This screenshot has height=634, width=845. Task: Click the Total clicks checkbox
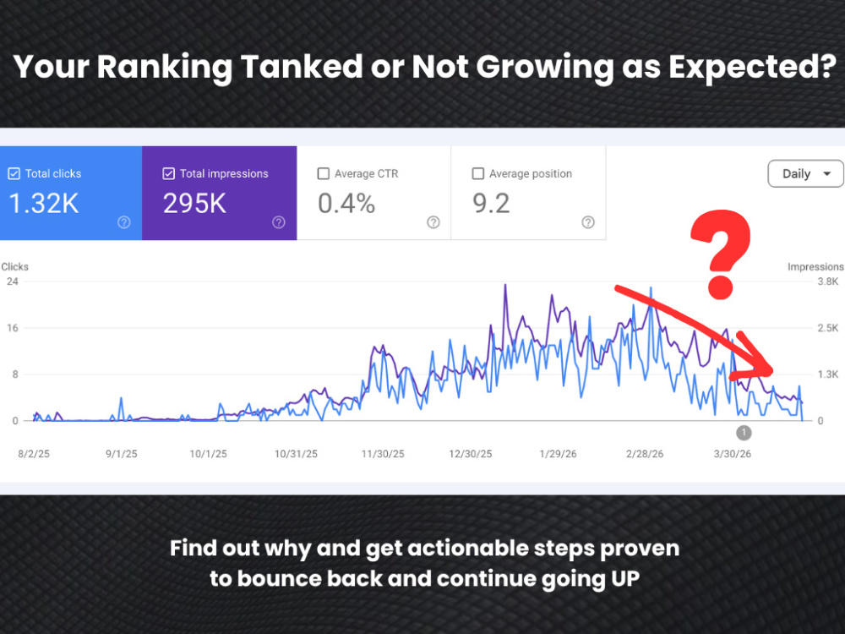coord(14,173)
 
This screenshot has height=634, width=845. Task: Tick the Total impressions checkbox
coord(169,173)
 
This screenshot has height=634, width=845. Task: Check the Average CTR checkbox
coord(324,173)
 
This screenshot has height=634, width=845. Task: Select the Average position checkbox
coord(478,173)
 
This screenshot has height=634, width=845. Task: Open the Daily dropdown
coord(805,173)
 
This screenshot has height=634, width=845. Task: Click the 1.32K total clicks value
coord(44,204)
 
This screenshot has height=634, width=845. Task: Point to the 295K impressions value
coord(194,204)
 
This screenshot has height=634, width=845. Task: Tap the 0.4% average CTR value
coord(346,204)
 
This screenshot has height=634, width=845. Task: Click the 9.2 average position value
coord(491,204)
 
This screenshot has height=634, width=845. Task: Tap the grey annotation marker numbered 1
coord(744,432)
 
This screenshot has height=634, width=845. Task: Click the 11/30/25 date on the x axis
coord(383,454)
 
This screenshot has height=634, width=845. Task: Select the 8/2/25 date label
coord(34,454)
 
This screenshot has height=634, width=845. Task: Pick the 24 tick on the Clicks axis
coord(12,281)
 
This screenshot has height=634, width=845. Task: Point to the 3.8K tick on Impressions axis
coord(828,281)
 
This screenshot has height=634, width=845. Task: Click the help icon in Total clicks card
coord(124,222)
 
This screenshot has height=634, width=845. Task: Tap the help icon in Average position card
coord(588,222)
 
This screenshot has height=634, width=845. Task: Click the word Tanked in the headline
coord(302,66)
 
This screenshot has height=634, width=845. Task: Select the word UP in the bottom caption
coord(625,579)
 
